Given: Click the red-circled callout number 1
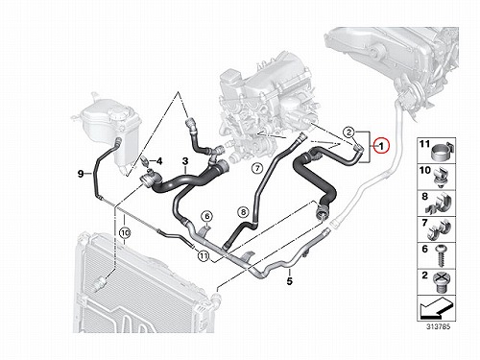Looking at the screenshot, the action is (381, 146).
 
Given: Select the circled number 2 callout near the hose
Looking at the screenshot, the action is (349, 132).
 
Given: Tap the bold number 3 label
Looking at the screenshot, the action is (185, 162).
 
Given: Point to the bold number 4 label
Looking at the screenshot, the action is (159, 161).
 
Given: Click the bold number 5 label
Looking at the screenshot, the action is (290, 281).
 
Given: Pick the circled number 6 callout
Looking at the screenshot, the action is (207, 217).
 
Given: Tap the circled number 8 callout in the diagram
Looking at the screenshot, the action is (243, 211).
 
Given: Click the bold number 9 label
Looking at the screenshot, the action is (81, 174).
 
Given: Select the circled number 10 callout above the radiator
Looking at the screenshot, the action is (125, 233).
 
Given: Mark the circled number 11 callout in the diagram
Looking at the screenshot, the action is (203, 255).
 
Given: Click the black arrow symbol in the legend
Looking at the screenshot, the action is (436, 308).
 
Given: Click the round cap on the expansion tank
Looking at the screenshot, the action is (119, 112).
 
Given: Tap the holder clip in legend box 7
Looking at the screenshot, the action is (441, 229).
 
